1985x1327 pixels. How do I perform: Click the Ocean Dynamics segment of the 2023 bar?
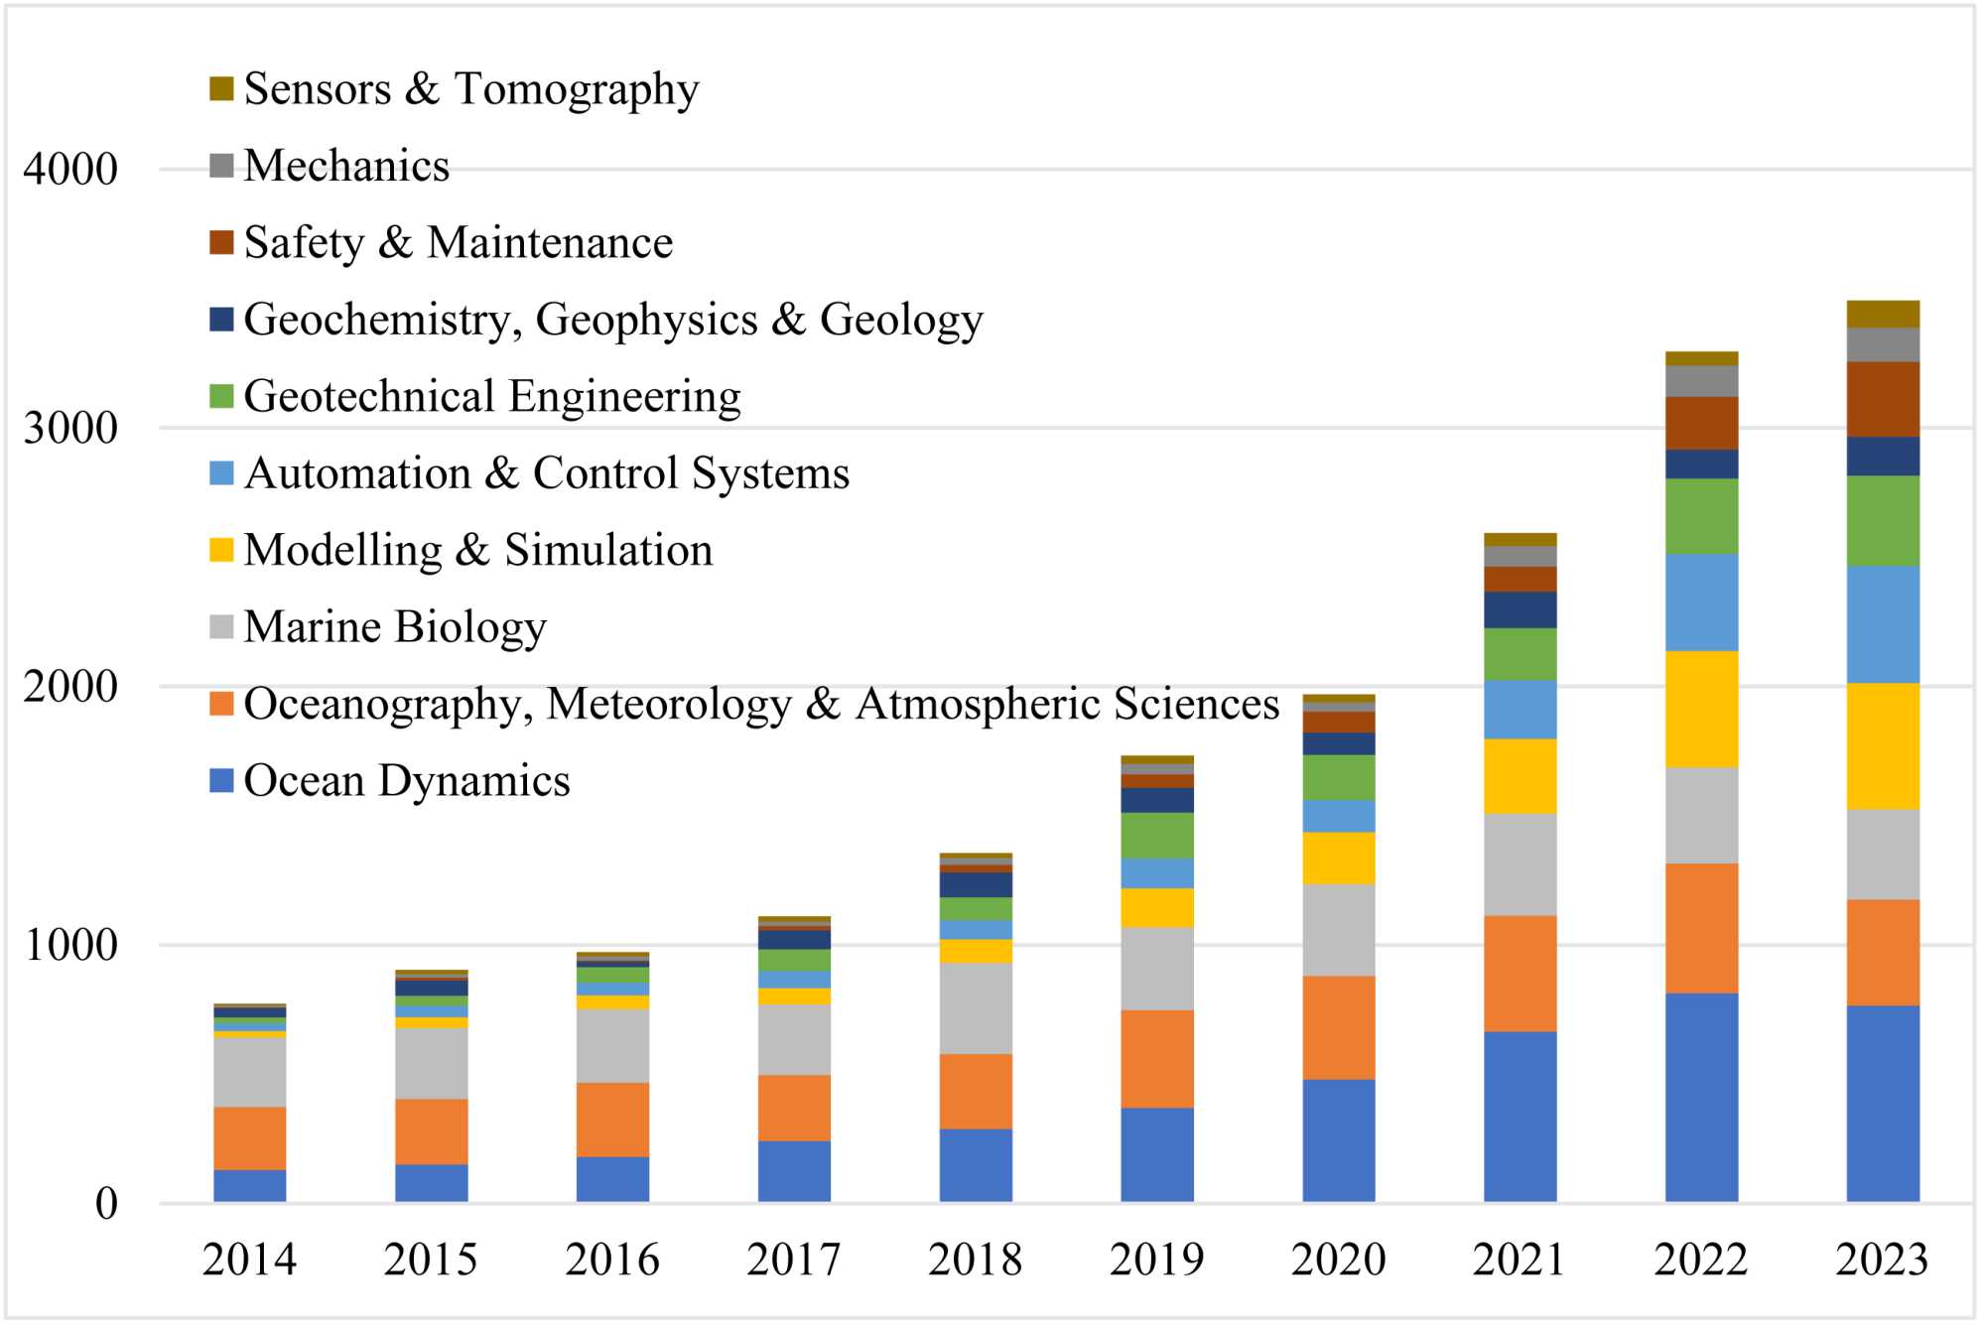(x=1882, y=1104)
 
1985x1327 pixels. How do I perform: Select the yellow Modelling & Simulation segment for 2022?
(x=1701, y=709)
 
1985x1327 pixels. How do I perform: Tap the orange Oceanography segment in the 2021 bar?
(x=1520, y=973)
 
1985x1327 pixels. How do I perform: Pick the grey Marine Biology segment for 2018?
(x=976, y=1008)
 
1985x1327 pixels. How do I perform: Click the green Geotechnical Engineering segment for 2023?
(x=1882, y=521)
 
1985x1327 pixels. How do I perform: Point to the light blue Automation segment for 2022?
(x=1701, y=602)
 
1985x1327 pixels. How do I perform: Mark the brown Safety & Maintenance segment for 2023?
(x=1882, y=399)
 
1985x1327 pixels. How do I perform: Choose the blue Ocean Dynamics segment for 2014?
(x=250, y=1186)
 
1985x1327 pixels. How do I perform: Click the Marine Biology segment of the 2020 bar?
(x=1339, y=930)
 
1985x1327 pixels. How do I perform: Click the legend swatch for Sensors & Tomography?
(x=221, y=89)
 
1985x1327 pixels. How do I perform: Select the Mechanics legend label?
(x=346, y=166)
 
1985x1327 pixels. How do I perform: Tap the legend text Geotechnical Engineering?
(x=491, y=396)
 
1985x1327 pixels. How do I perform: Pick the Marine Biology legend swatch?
(x=221, y=627)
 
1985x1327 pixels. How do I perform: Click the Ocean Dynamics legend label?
(x=407, y=781)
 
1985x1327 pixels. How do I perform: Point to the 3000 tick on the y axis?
(x=70, y=428)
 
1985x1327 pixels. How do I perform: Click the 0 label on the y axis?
(x=106, y=1204)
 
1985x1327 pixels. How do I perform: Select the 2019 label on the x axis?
(x=1156, y=1260)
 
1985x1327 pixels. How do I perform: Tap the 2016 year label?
(x=612, y=1260)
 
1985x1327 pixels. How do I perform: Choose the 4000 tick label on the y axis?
(x=70, y=170)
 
